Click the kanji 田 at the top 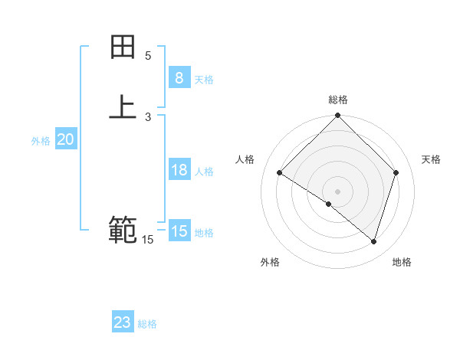pos(123,47)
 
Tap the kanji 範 pos(123,229)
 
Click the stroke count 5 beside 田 pos(148,56)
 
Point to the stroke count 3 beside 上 pos(148,117)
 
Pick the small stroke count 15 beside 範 pos(147,240)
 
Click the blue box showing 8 pos(179,77)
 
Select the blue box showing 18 pos(179,170)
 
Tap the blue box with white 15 pos(179,231)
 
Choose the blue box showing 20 pos(66,139)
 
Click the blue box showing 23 pos(123,322)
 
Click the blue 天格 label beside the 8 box pos(204,80)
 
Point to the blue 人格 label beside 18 pos(204,172)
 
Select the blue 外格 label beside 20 pos(41,141)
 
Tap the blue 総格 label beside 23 pos(147,324)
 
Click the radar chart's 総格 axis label pos(338,100)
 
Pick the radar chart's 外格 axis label pos(270,262)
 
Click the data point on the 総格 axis pos(338,116)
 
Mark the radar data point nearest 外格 pos(329,204)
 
